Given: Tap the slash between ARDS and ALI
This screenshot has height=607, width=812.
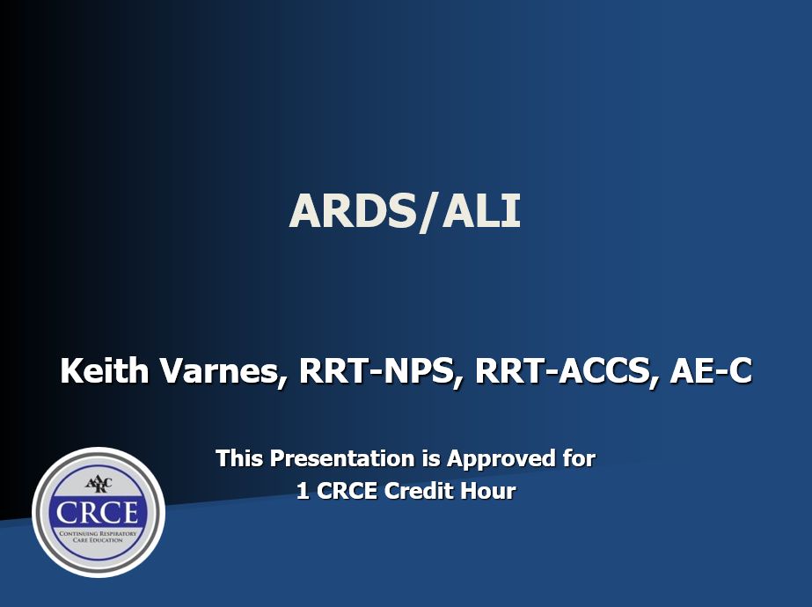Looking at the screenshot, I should pyautogui.click(x=426, y=212).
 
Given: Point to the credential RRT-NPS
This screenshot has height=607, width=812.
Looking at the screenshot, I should pyautogui.click(x=380, y=371).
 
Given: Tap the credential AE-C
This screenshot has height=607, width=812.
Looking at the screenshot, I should pyautogui.click(x=711, y=371).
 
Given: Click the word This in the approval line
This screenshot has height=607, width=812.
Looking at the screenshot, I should pyautogui.click(x=239, y=458).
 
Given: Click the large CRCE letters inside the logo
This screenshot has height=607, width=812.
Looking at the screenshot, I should pyautogui.click(x=98, y=511).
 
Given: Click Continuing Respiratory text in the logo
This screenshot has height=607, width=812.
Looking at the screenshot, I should pyautogui.click(x=98, y=532).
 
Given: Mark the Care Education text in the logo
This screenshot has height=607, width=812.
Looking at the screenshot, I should pyautogui.click(x=98, y=540).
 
